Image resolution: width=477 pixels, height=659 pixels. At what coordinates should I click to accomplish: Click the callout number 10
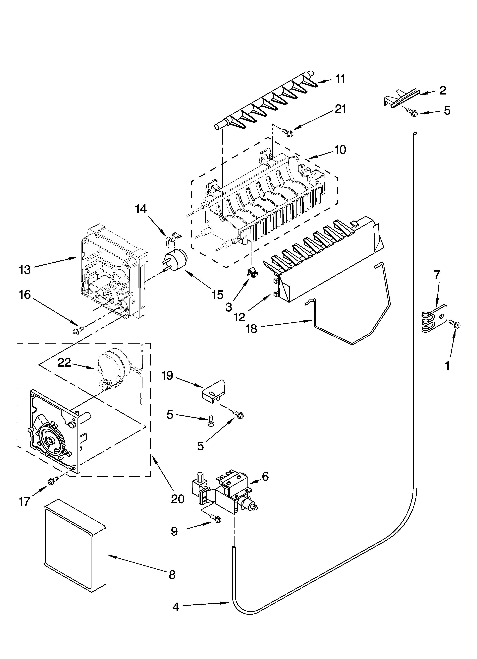click(x=340, y=150)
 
